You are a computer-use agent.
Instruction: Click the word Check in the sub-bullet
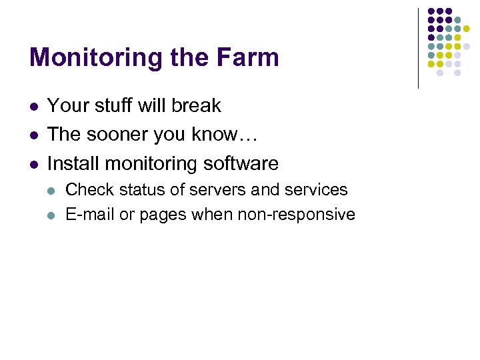point(85,190)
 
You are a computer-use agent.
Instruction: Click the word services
point(316,190)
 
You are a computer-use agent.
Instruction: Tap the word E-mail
point(90,215)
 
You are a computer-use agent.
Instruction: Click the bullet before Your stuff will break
point(33,107)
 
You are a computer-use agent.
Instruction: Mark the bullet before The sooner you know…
point(33,135)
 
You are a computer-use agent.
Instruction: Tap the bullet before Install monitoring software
point(33,164)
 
